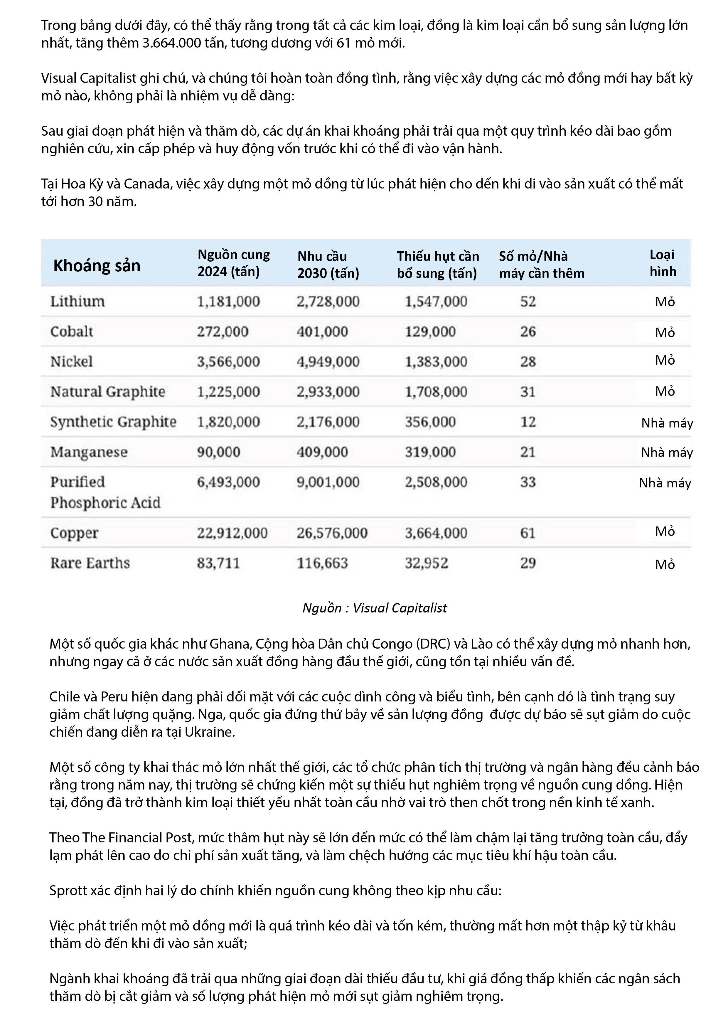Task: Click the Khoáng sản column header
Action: [97, 266]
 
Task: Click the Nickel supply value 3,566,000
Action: [228, 361]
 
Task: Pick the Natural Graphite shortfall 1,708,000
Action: [436, 392]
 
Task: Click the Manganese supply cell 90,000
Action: [218, 452]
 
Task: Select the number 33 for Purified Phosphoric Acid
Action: [528, 482]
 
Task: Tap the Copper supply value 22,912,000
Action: [232, 533]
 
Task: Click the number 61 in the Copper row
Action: [528, 533]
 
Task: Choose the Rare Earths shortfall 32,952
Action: [426, 563]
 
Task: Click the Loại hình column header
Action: [663, 263]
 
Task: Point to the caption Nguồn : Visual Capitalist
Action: [375, 608]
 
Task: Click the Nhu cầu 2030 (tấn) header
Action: [328, 265]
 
